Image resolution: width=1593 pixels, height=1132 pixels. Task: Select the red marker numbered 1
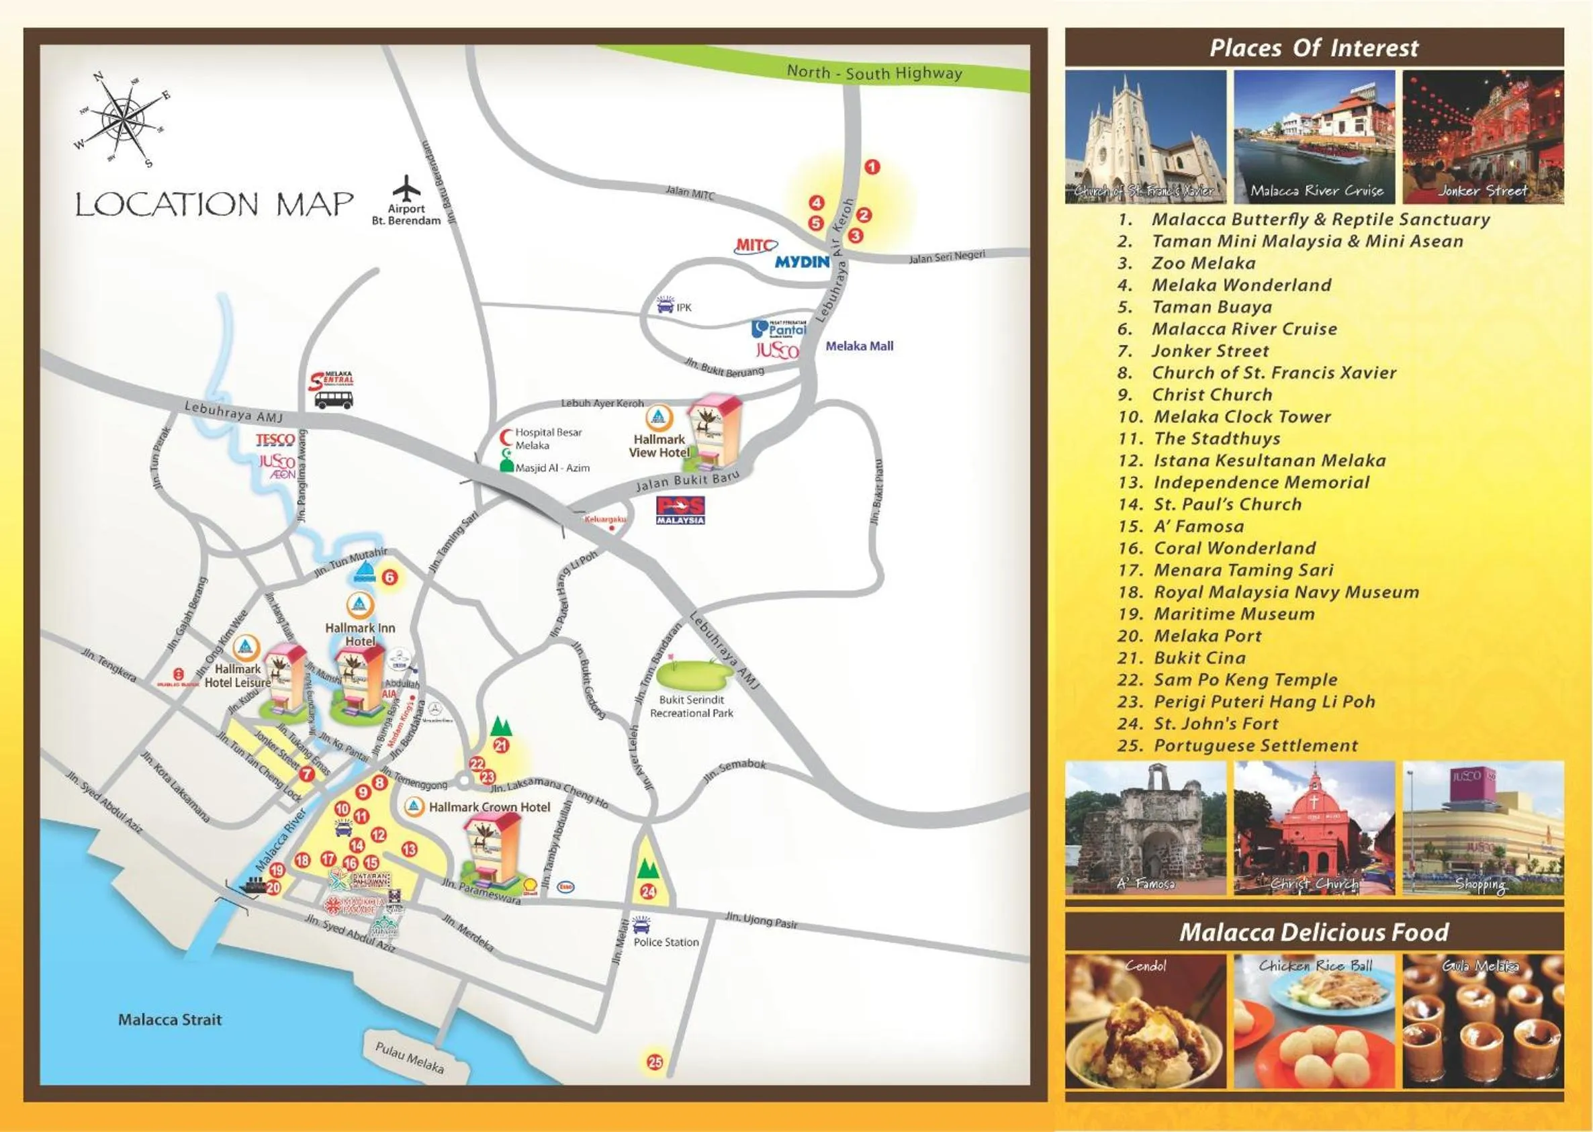[x=872, y=167]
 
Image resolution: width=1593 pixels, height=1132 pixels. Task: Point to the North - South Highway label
[x=874, y=73]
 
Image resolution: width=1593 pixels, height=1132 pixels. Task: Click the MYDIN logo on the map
[x=802, y=262]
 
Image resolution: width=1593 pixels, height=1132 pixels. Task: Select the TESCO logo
[x=275, y=440]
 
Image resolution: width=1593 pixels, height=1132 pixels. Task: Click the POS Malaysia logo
[x=681, y=510]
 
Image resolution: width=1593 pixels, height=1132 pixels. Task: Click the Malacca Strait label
[x=169, y=1020]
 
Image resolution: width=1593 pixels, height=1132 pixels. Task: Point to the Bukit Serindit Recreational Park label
[x=691, y=706]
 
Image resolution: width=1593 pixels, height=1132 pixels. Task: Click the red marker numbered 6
[x=390, y=577]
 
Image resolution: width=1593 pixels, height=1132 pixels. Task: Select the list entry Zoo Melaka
[x=1203, y=263]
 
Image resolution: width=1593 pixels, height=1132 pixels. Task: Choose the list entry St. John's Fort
[x=1215, y=724]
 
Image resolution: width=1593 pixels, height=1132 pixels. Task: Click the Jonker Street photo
[x=1482, y=136]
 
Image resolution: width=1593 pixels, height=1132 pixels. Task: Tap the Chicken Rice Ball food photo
[x=1314, y=1021]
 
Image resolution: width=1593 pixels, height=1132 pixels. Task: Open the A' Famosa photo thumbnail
[x=1146, y=828]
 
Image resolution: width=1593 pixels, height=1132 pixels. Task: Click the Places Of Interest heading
[x=1314, y=48]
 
